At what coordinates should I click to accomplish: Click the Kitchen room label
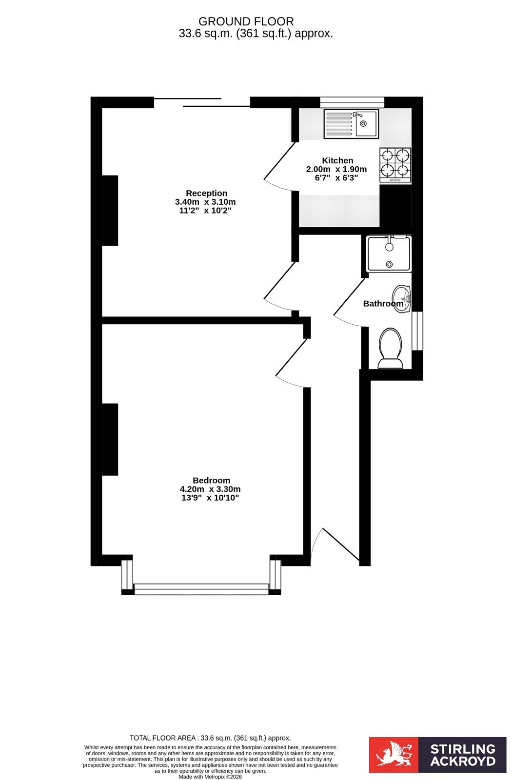(337, 160)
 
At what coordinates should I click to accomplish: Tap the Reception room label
(206, 193)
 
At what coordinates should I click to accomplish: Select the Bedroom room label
(212, 481)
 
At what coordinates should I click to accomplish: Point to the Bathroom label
(383, 304)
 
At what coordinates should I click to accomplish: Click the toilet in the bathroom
(391, 348)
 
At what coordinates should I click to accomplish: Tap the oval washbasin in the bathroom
(401, 298)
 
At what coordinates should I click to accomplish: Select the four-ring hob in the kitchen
(395, 165)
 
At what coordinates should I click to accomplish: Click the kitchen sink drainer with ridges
(338, 124)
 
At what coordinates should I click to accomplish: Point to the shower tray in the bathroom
(389, 254)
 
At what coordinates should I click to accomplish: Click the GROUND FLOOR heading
(246, 21)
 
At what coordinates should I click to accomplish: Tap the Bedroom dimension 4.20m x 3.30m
(210, 489)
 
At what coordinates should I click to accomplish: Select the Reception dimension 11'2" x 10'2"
(205, 211)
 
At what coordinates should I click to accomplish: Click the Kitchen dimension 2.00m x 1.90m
(336, 169)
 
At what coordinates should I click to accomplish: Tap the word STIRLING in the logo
(463, 749)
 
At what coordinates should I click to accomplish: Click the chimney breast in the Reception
(110, 211)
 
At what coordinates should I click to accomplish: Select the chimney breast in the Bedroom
(110, 439)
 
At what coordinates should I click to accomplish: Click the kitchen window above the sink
(352, 102)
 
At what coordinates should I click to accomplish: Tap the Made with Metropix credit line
(210, 777)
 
